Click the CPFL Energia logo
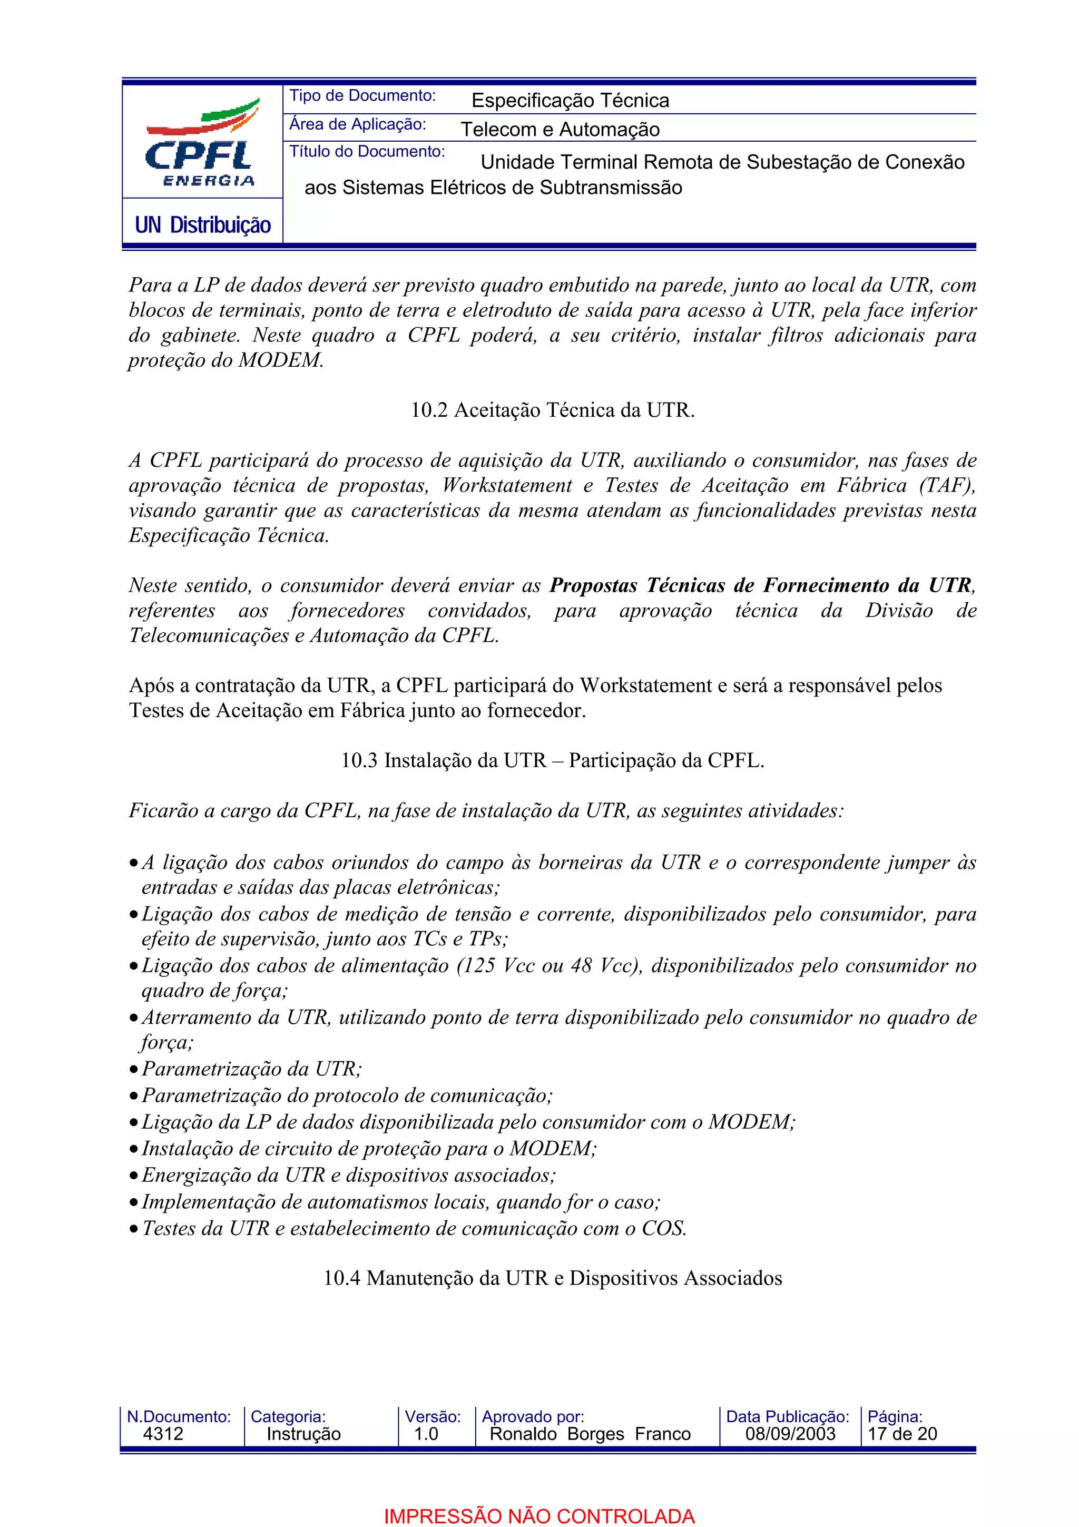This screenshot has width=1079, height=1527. [x=201, y=143]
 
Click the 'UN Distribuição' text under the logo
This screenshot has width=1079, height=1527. [x=203, y=225]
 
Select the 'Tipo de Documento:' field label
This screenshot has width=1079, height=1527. [x=362, y=96]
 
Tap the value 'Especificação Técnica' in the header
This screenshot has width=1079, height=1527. [x=570, y=101]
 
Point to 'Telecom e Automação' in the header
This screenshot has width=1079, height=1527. [x=560, y=129]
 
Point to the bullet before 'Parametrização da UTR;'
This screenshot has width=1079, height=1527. [x=134, y=1070]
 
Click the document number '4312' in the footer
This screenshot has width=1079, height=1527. [x=163, y=1434]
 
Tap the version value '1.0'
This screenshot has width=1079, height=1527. [x=426, y=1434]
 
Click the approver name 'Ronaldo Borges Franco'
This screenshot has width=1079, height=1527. [x=590, y=1434]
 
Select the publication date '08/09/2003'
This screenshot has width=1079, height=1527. [x=790, y=1434]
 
